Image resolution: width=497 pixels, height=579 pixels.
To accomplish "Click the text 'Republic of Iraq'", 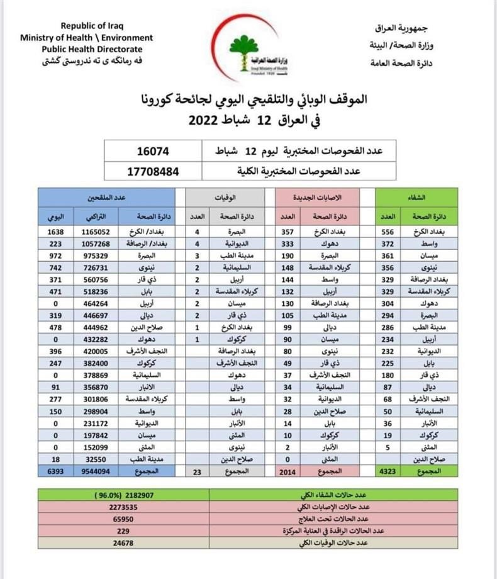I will (x=92, y=26).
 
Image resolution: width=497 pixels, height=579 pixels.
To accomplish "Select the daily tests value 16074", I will (x=154, y=152).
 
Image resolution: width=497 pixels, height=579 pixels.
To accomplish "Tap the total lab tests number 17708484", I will (x=154, y=170).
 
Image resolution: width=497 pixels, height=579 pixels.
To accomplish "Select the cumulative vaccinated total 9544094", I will (x=96, y=471).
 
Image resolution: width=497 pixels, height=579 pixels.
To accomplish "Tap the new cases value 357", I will (x=288, y=231).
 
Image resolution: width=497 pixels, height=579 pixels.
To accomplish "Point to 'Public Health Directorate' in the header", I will (x=92, y=49).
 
